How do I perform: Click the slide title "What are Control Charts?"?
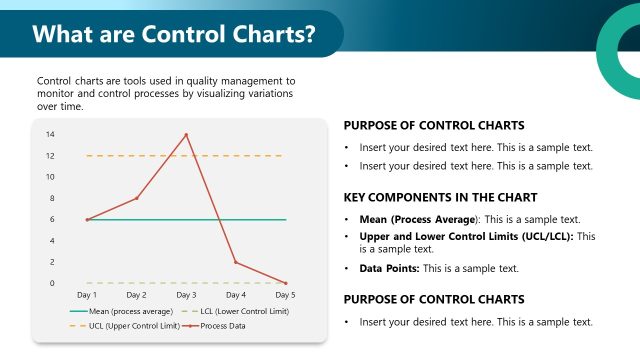coord(174,34)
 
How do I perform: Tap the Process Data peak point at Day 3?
coord(186,134)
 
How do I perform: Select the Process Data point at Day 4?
coord(236,262)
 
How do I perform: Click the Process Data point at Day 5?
coord(285,283)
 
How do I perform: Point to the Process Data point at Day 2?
coord(137,198)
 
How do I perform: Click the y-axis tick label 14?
coord(50,134)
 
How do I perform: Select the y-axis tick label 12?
coord(50,155)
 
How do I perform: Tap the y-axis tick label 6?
coord(52,219)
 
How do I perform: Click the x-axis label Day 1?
coord(87,296)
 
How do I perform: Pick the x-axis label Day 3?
coord(186,296)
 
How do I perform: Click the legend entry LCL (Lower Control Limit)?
coord(237,312)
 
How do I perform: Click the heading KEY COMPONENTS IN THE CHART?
coord(440,197)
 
